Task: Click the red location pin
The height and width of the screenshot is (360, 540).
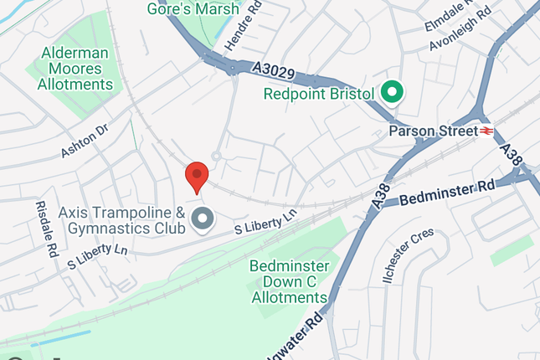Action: (x=196, y=177)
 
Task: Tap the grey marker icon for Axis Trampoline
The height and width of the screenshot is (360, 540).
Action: (x=203, y=220)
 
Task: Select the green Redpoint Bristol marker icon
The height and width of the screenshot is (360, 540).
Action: (x=391, y=93)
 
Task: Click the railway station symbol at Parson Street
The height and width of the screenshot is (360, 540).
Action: (x=486, y=131)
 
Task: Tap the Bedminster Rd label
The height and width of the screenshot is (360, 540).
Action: (x=447, y=193)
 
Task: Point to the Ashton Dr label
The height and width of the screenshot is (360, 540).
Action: (x=85, y=142)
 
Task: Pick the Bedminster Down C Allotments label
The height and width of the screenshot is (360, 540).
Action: (x=289, y=281)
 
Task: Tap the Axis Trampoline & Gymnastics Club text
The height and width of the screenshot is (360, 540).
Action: (x=121, y=221)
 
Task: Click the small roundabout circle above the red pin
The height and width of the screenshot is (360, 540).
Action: (x=216, y=155)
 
